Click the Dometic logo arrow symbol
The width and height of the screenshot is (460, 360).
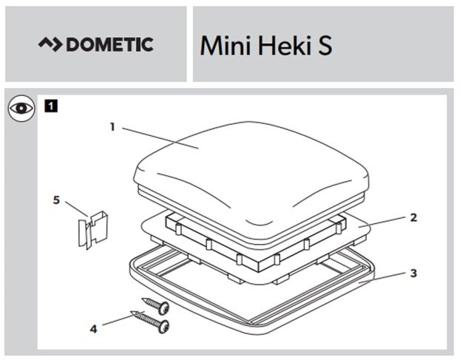point(50,44)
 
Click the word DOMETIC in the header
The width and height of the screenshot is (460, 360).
point(109,44)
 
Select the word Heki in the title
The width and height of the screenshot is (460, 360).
point(284,46)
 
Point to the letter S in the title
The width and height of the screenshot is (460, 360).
point(325,46)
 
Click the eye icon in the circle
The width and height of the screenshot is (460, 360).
point(21,108)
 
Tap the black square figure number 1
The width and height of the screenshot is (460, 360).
point(51,106)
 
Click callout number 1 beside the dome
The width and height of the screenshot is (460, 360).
point(112,127)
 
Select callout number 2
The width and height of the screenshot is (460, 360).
point(413,217)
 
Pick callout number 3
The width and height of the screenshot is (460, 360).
point(413,274)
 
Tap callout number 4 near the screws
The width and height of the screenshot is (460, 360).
point(93,329)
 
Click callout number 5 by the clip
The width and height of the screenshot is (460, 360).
point(56,200)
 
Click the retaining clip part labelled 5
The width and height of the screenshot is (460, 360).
point(93,230)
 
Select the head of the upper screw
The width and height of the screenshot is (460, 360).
point(163,308)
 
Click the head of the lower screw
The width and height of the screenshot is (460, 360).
point(163,326)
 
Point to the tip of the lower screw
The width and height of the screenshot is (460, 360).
point(131,312)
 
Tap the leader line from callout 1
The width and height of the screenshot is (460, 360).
point(160,138)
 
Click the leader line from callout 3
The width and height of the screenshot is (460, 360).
point(382,278)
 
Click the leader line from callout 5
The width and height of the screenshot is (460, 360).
point(77,208)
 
